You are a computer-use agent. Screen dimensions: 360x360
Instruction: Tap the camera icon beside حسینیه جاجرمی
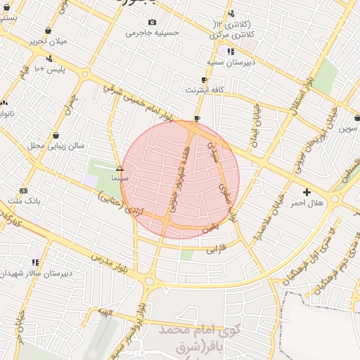153,22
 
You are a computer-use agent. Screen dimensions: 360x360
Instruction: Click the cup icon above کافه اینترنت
204,80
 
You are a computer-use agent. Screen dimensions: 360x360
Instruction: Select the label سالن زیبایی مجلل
56,146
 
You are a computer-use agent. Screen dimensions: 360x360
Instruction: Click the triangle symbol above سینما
120,169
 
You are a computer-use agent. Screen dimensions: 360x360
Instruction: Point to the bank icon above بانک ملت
24,191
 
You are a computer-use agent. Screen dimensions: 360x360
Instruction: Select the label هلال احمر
307,202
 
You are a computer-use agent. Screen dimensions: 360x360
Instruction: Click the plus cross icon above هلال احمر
307,192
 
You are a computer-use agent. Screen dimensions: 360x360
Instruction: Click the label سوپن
349,128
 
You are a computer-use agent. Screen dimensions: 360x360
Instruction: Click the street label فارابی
213,247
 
